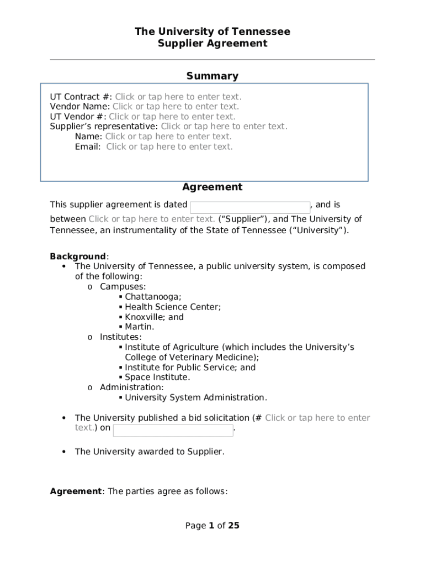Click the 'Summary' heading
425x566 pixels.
[212, 76]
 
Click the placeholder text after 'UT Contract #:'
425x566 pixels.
[178, 97]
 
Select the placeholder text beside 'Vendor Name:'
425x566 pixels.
[176, 107]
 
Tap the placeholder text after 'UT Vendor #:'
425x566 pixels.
[172, 117]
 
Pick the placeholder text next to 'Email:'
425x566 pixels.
[169, 146]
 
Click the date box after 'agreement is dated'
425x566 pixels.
[250, 207]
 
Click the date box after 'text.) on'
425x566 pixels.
[173, 431]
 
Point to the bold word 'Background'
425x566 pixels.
[78, 256]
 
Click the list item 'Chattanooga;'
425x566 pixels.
[153, 297]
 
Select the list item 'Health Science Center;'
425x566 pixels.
[173, 307]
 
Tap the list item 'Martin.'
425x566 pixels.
[140, 327]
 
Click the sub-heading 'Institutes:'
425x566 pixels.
[120, 337]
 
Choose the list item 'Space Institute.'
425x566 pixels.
[157, 378]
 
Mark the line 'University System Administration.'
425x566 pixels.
[196, 397]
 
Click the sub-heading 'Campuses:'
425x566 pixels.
[123, 287]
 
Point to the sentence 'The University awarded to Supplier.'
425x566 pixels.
[150, 452]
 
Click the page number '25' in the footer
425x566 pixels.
[233, 526]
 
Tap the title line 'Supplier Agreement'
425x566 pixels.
[212, 44]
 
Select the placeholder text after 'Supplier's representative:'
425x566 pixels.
[224, 127]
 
